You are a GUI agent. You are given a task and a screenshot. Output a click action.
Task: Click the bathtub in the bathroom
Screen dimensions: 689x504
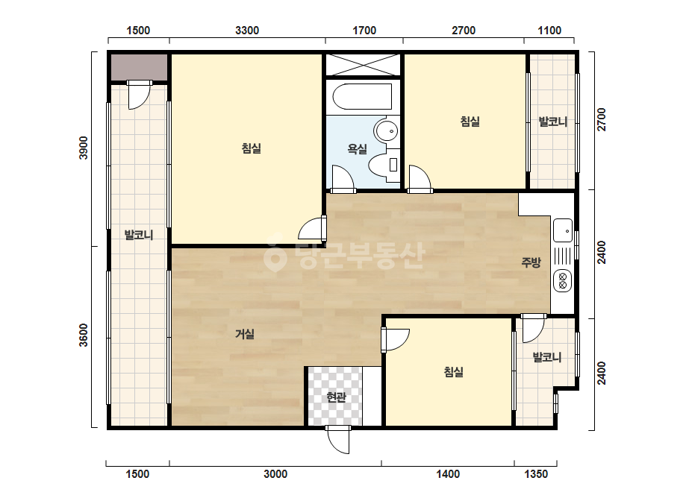point(362,97)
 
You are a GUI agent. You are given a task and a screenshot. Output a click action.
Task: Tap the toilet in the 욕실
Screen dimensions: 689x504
point(384,166)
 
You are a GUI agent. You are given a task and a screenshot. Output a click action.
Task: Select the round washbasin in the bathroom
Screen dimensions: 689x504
point(386,130)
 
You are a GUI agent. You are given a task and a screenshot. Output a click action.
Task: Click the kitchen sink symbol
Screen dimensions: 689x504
point(563,230)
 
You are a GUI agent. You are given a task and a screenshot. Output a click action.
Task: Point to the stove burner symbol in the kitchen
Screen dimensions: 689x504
point(562,280)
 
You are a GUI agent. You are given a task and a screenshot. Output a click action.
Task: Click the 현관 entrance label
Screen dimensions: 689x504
point(336,397)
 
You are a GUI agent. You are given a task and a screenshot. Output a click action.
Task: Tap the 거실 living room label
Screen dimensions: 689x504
point(245,334)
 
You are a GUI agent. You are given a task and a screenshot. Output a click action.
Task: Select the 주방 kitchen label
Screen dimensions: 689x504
point(531,262)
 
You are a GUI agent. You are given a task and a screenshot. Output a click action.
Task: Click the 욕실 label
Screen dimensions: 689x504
point(358,149)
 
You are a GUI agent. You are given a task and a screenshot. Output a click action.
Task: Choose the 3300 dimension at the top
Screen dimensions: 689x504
point(247,31)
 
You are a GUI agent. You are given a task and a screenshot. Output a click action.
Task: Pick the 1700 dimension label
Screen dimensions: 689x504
point(364,31)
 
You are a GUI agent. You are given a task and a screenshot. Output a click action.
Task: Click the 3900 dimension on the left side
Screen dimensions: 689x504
point(84,148)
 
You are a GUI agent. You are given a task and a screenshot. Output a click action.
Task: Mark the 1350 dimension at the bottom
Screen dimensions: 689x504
point(536,474)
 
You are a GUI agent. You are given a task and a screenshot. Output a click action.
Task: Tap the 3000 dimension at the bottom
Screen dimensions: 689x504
point(275,474)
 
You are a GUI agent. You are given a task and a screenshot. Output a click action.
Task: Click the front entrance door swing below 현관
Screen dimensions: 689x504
point(338,439)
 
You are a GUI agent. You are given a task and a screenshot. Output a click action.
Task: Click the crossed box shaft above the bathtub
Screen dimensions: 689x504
point(363,65)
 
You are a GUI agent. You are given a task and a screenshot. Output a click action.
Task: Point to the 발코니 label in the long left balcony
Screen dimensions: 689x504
point(139,235)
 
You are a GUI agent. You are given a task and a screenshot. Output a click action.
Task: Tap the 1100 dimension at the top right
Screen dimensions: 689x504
point(549,31)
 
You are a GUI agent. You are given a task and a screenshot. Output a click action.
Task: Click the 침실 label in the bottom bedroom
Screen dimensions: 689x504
point(453,372)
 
